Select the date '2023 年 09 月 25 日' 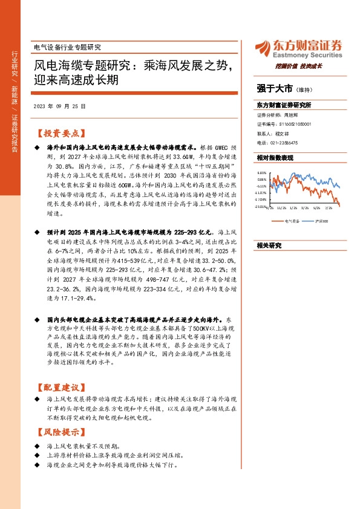pos(59,105)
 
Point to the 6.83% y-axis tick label pos(261,172)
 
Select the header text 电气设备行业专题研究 pos(66,47)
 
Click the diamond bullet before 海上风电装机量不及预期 pos(38,446)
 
